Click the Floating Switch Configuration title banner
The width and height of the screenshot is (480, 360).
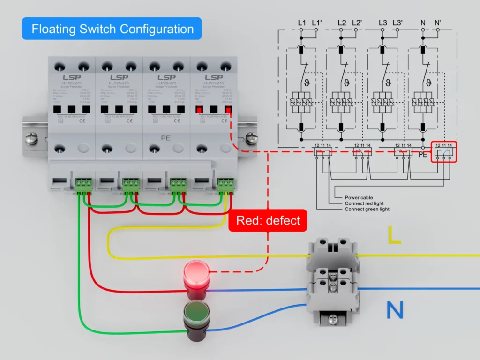[x=112, y=29]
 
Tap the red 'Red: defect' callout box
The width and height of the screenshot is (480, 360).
[x=268, y=220]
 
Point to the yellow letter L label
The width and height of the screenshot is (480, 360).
[x=394, y=235]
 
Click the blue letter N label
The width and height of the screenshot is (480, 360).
[x=395, y=310]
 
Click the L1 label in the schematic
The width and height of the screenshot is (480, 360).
[x=301, y=22]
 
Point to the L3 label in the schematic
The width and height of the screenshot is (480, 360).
[x=383, y=22]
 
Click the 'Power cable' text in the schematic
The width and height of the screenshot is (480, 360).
[x=359, y=197]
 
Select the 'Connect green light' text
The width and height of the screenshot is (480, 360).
[x=367, y=209]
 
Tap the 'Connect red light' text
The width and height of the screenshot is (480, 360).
[x=364, y=203]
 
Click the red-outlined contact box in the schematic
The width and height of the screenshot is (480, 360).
[x=443, y=151]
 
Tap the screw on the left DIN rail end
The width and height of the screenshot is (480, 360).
[x=32, y=138]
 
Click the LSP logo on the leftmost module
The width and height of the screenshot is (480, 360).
[x=72, y=77]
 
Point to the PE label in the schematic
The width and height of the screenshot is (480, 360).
[x=422, y=155]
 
